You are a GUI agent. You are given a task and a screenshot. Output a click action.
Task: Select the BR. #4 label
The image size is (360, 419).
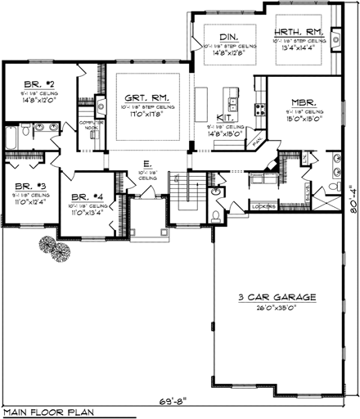pyautogui.click(x=84, y=197)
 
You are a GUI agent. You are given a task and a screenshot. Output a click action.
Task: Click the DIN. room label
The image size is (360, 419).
pyautogui.click(x=229, y=37)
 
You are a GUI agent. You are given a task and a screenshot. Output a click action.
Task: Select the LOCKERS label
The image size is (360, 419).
pyautogui.click(x=264, y=206)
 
